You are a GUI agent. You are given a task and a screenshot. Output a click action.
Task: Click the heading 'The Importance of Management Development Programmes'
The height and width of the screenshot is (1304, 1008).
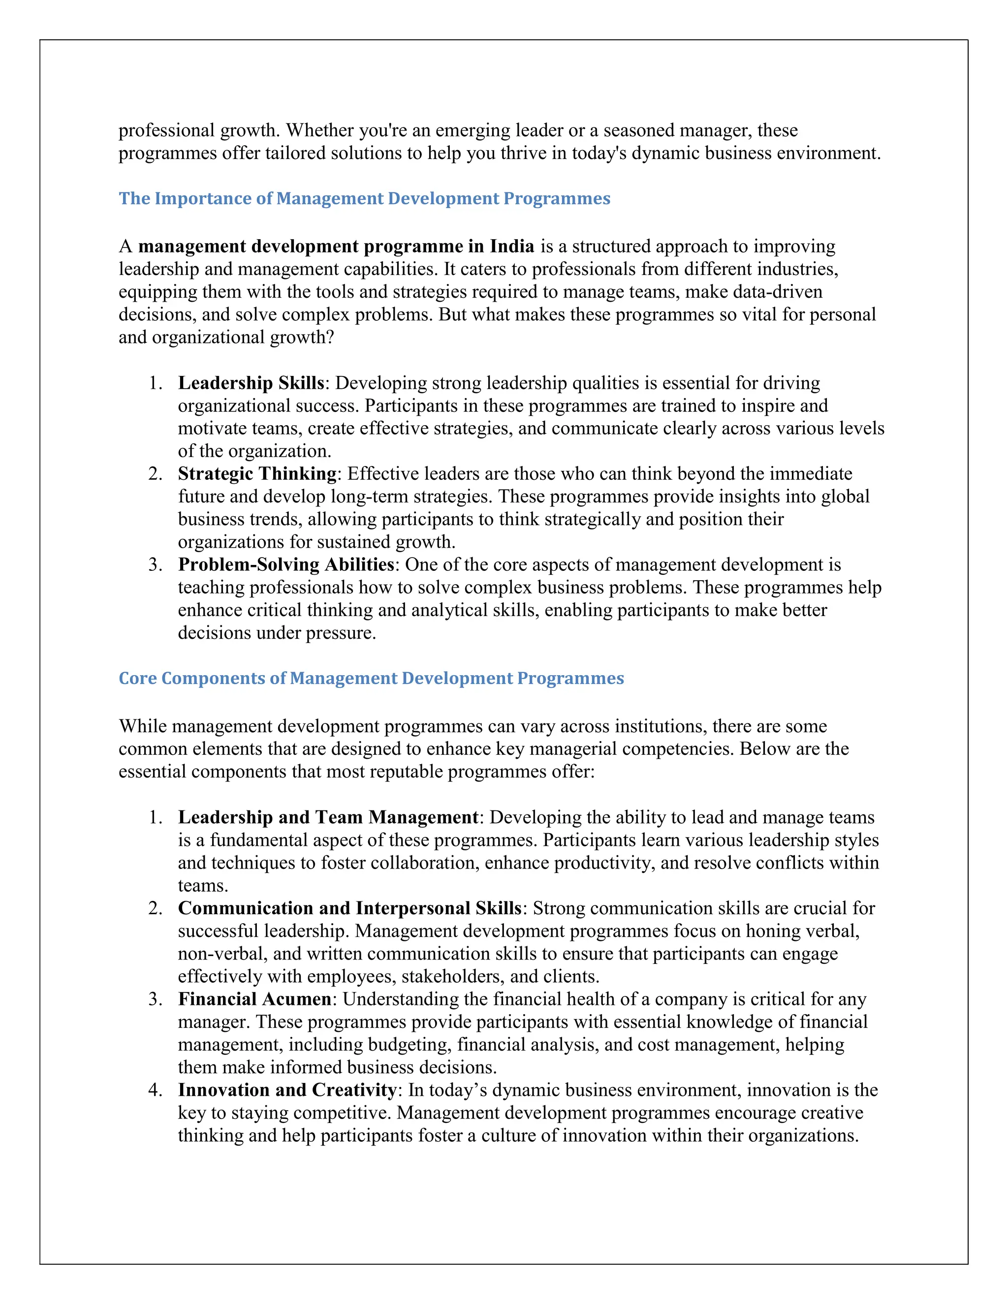(364, 198)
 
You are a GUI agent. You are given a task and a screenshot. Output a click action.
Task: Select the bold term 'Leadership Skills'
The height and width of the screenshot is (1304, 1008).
(251, 383)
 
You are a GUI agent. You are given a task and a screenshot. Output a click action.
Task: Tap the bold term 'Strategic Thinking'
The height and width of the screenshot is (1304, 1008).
(257, 473)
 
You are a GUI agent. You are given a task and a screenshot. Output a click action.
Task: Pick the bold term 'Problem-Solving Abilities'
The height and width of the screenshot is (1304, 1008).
(286, 564)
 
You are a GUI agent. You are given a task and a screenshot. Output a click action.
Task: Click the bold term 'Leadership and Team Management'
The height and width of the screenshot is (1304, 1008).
(328, 817)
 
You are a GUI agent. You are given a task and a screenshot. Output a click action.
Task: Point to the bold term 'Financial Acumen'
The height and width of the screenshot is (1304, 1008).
(254, 999)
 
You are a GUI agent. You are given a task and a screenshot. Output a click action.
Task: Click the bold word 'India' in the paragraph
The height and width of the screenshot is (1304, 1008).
(512, 246)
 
